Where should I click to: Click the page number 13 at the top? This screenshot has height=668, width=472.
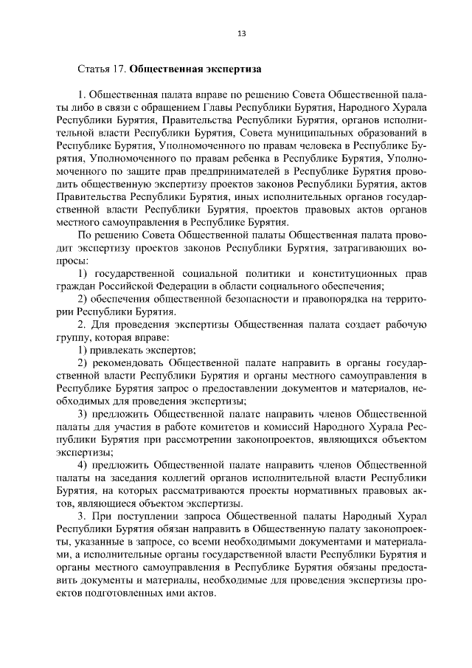241,33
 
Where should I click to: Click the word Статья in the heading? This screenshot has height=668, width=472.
94,69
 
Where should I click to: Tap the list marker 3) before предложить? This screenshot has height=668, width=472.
83,413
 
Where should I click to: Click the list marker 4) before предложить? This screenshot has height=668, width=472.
83,464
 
